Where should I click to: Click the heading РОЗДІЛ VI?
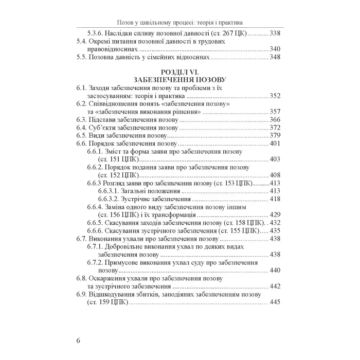[x=180, y=72]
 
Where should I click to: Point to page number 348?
[x=276, y=57]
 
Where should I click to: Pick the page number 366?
[x=276, y=119]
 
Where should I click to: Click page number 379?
[x=276, y=135]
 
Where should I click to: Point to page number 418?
[x=276, y=199]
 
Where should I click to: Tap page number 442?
[x=276, y=286]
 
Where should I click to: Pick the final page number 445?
[x=276, y=302]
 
